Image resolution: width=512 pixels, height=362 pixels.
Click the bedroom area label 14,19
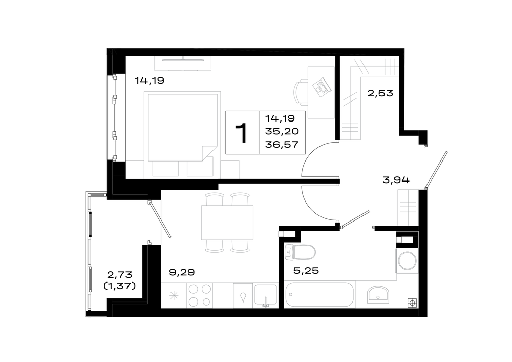click(x=149, y=81)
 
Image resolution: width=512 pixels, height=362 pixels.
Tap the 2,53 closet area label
click(x=380, y=93)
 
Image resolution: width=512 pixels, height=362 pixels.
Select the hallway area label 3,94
click(x=396, y=180)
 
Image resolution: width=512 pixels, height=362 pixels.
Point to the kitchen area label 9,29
click(x=182, y=272)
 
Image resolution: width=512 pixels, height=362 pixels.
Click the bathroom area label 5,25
click(x=306, y=271)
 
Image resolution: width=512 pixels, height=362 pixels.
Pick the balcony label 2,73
click(x=120, y=275)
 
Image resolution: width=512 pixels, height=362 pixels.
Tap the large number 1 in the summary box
click(x=242, y=133)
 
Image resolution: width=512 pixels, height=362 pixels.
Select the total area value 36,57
click(x=282, y=144)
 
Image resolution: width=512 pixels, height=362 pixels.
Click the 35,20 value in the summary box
click(x=282, y=131)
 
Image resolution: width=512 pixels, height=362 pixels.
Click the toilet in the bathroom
click(x=300, y=252)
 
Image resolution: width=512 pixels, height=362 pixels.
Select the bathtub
click(x=319, y=295)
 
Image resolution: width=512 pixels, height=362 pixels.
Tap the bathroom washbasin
click(x=378, y=295)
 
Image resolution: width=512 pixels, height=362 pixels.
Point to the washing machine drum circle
click(x=408, y=260)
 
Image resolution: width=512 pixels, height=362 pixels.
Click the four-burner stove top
click(x=200, y=295)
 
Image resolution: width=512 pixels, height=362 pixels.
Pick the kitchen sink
click(x=266, y=295)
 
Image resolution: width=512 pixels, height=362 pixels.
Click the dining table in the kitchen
click(x=227, y=223)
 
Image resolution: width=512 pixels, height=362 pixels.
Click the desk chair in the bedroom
click(x=301, y=92)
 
